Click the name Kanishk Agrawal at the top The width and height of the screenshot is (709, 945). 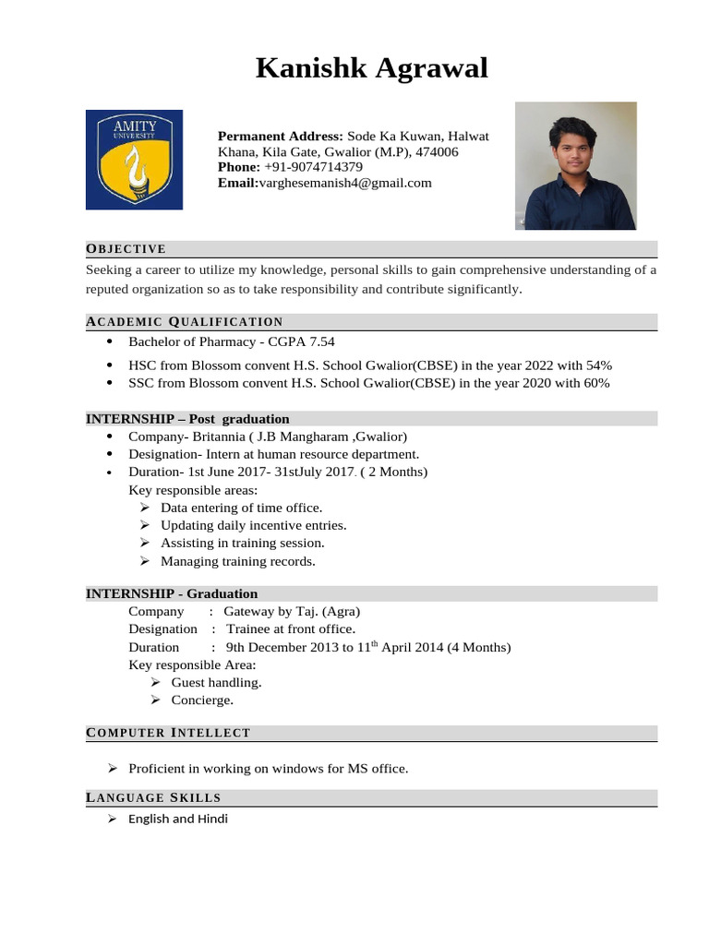[x=371, y=67]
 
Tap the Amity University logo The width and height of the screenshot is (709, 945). [x=134, y=160]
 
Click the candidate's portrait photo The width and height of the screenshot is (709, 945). [x=575, y=166]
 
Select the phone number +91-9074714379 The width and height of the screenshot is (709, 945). [x=313, y=167]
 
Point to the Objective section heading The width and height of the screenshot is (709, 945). [x=126, y=248]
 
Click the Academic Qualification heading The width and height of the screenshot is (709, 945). [x=185, y=321]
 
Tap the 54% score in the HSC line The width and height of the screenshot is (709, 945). [x=595, y=365]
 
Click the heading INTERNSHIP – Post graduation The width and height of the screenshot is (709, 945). [x=187, y=418]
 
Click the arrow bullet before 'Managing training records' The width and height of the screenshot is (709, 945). [x=145, y=561]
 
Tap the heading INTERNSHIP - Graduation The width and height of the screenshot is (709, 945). [x=172, y=593]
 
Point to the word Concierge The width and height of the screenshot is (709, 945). [x=202, y=700]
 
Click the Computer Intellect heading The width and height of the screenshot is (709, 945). [x=168, y=733]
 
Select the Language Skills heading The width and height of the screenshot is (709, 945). [x=153, y=797]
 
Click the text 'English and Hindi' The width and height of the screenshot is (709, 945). [x=178, y=819]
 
